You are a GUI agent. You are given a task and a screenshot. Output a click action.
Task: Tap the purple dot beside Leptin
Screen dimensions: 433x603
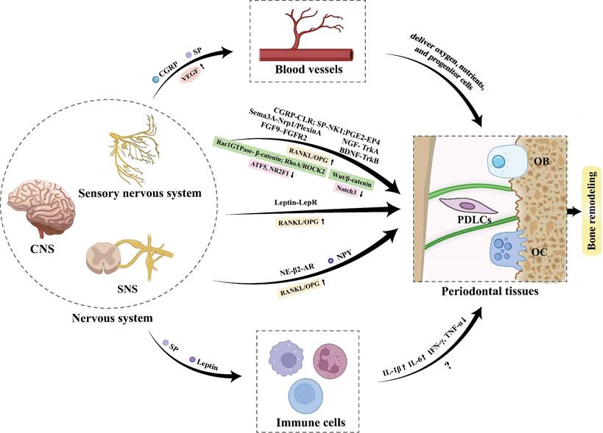(x=193, y=360)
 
